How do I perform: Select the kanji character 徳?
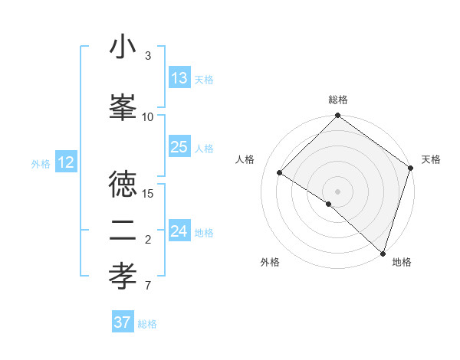(x=123, y=184)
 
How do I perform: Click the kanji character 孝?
(x=123, y=277)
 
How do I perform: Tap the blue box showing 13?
(x=179, y=78)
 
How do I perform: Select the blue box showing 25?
(x=179, y=147)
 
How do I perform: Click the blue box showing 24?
(x=179, y=231)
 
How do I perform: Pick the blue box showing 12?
(x=66, y=162)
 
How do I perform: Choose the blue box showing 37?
(x=123, y=322)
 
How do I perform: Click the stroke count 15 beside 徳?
(x=149, y=193)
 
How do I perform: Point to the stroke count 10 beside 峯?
(x=148, y=116)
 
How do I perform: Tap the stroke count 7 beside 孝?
(x=148, y=286)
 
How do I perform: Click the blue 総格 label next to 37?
(x=147, y=324)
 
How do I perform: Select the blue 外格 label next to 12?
(x=41, y=163)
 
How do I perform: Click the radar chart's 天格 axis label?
(x=431, y=159)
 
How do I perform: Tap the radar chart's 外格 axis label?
(x=269, y=262)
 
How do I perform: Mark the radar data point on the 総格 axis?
(x=337, y=116)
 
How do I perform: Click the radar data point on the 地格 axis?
(x=382, y=252)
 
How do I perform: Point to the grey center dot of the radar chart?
(x=337, y=191)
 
